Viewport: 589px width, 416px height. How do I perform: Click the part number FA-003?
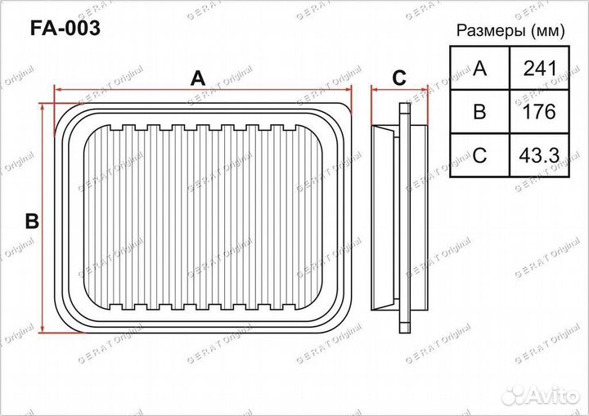tap(65, 28)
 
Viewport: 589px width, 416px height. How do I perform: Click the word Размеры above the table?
tap(491, 30)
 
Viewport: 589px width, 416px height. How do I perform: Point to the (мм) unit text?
tap(548, 31)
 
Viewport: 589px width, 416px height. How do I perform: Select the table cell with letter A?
tap(479, 68)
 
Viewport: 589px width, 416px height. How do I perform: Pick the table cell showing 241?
tap(539, 68)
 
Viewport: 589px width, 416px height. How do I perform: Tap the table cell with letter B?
tap(479, 111)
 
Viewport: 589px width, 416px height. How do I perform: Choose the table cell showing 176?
tap(539, 111)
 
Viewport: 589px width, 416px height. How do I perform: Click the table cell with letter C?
tap(479, 155)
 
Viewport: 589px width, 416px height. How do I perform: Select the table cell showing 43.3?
tap(539, 155)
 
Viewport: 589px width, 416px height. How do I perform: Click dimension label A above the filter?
tap(198, 78)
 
